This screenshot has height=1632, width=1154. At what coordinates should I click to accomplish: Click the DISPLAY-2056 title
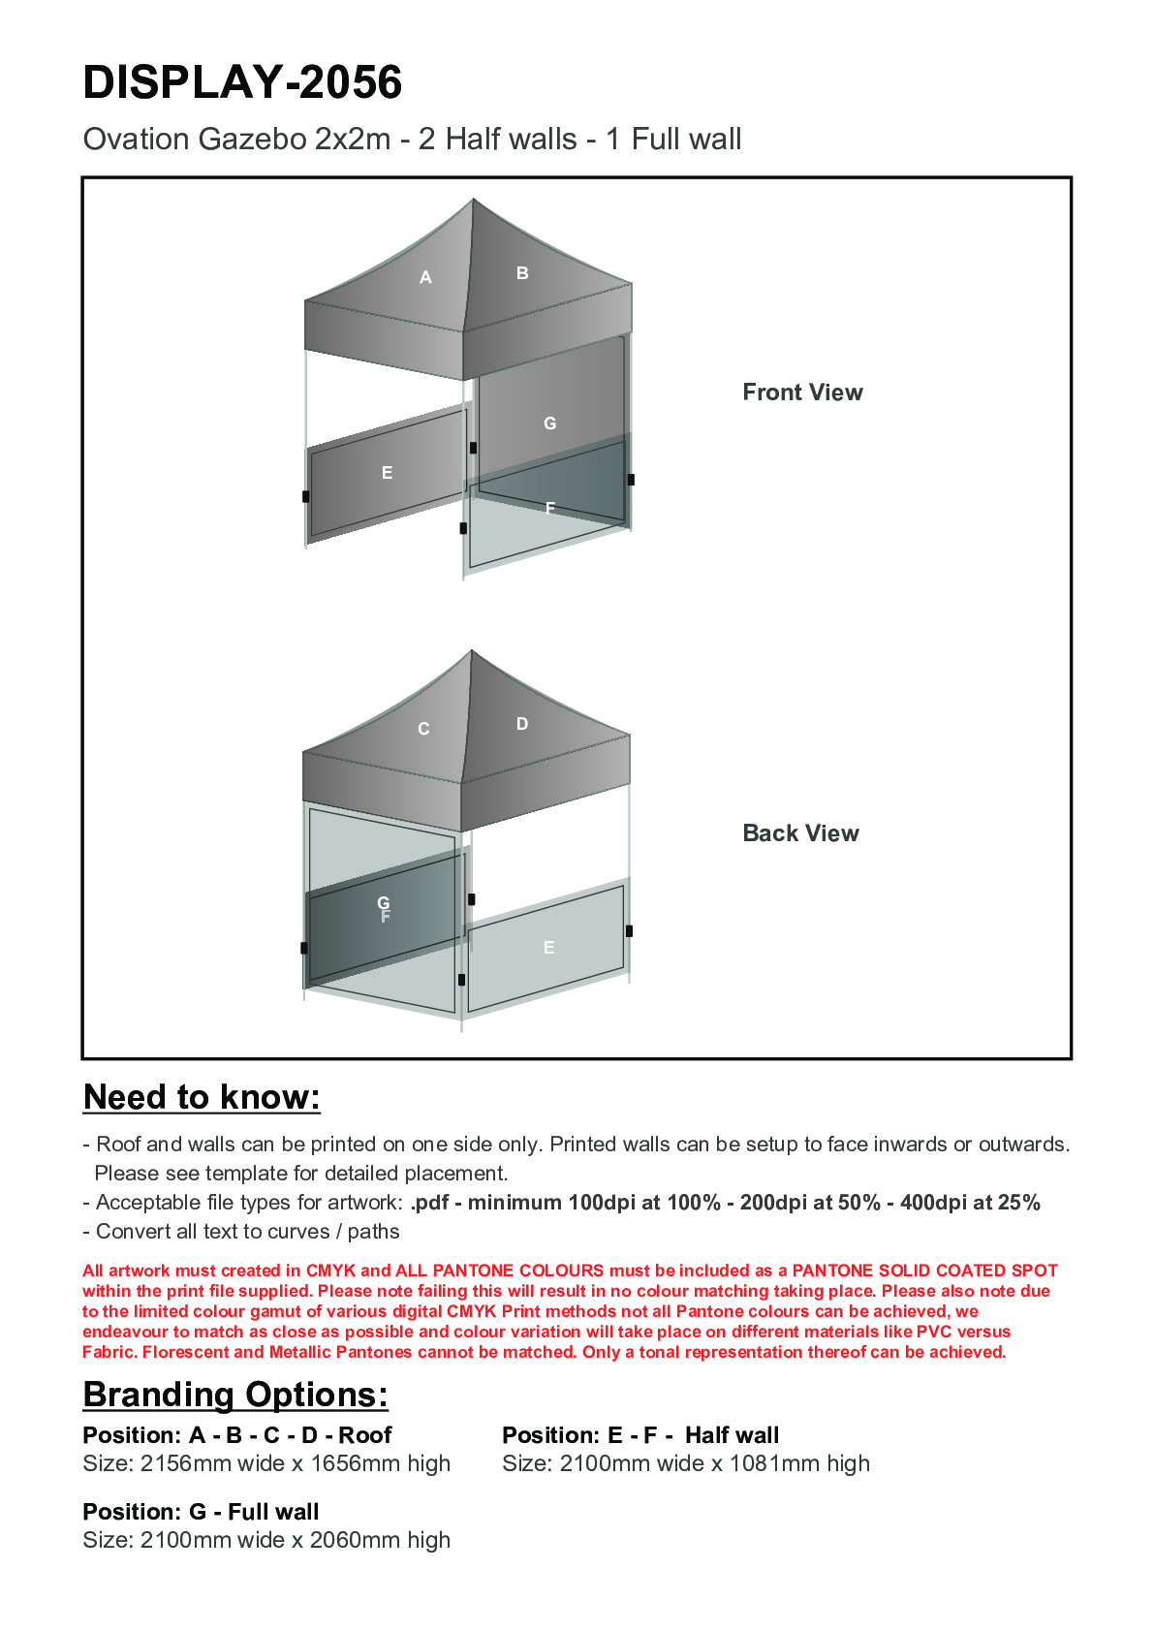(242, 82)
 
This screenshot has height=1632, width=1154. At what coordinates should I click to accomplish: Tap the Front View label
(802, 392)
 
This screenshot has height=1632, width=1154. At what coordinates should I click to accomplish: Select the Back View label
(800, 833)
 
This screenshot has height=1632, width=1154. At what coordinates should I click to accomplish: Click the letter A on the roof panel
(425, 278)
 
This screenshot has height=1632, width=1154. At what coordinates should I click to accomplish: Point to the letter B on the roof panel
(522, 273)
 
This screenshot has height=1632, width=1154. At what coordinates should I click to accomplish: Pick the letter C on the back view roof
(423, 729)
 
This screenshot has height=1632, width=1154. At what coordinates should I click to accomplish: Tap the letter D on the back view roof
(522, 724)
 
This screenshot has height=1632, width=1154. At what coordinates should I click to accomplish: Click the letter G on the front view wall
(549, 424)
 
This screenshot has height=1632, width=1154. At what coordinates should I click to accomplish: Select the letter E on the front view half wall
(387, 473)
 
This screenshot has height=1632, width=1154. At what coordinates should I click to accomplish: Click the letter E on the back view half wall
(548, 948)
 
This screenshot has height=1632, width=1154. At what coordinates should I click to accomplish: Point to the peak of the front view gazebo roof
(473, 201)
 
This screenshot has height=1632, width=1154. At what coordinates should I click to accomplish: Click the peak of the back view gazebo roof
(472, 651)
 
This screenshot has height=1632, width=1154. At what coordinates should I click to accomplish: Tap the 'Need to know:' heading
(202, 1097)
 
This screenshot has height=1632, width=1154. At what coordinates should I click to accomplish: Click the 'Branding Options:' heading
(235, 1395)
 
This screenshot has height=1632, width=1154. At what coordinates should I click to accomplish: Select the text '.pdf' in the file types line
(430, 1203)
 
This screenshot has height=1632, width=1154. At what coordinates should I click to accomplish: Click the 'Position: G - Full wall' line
(201, 1512)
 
